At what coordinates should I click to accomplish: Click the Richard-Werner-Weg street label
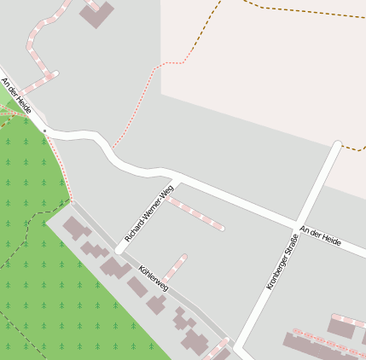[x=149, y=213]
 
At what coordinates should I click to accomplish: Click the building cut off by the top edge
[x=96, y=13]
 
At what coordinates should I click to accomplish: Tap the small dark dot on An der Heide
[x=44, y=129]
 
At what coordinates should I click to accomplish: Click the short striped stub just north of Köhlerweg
[x=175, y=266]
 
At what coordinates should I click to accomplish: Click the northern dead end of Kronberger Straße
[x=337, y=145]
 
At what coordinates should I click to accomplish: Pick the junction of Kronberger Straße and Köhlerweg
[x=238, y=347]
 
